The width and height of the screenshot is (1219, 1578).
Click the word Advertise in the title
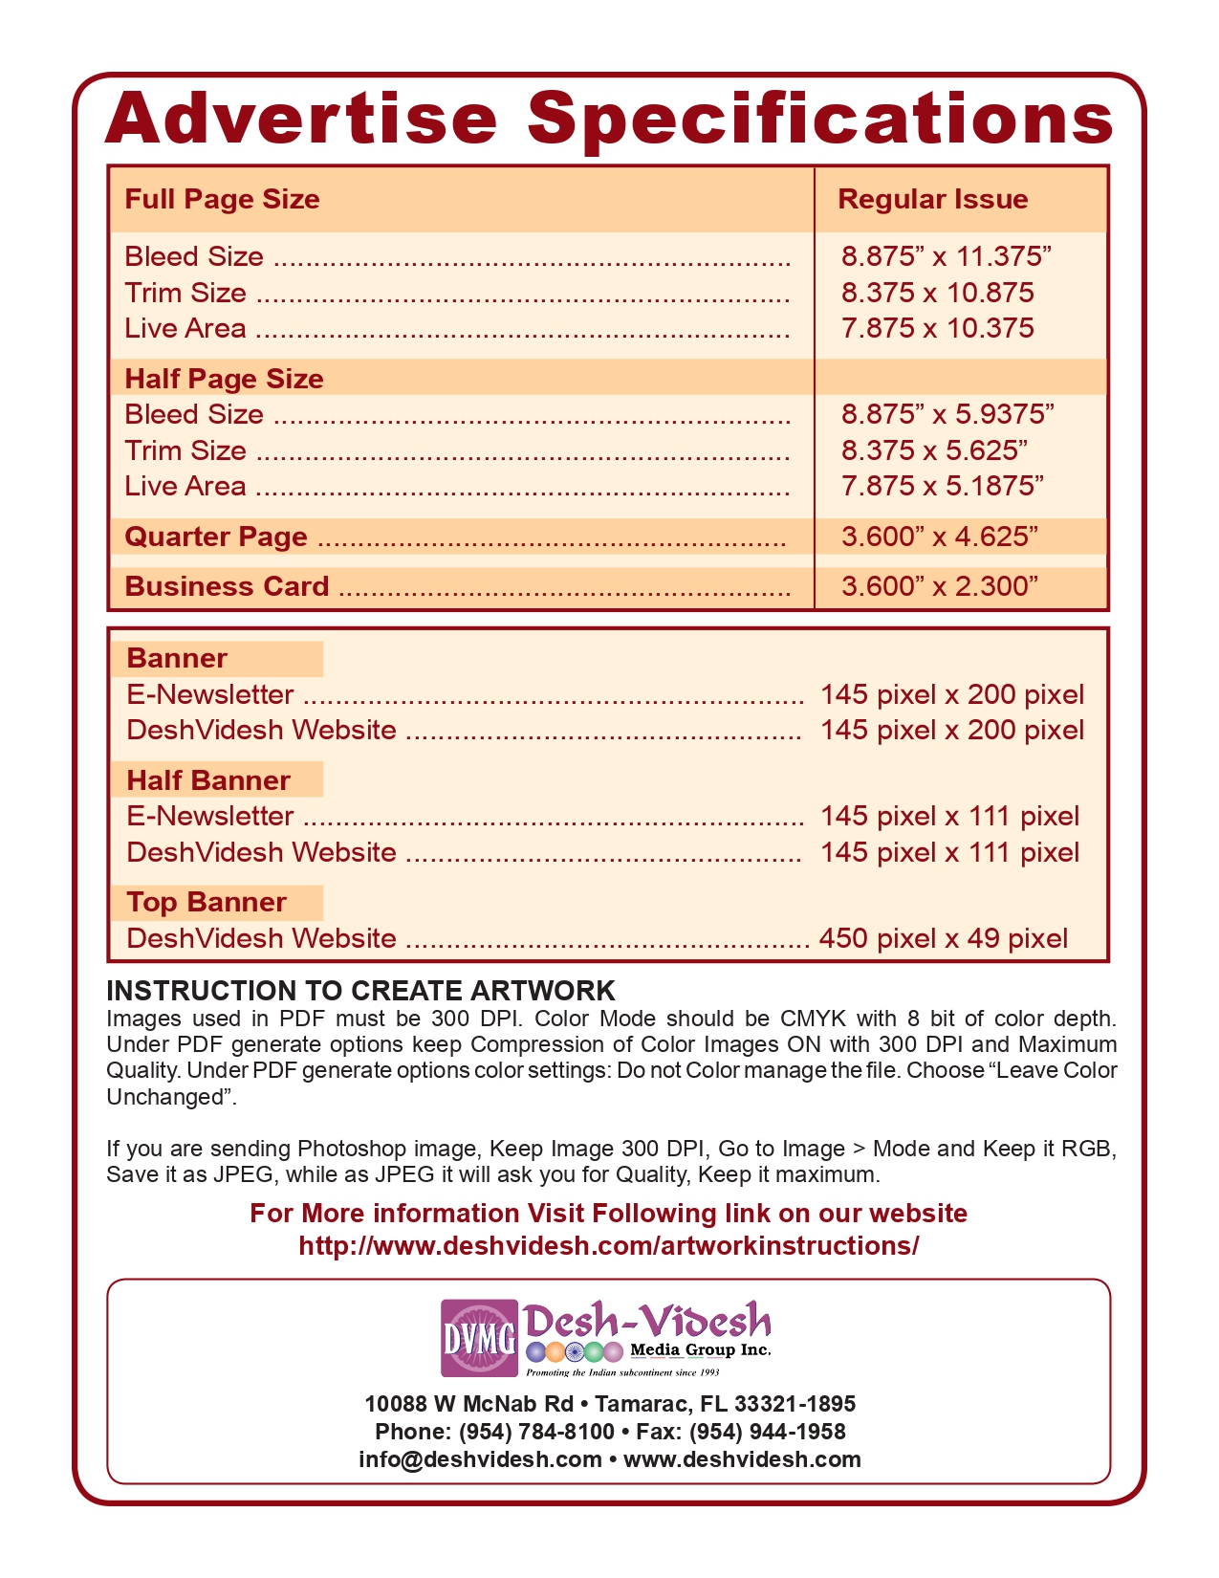(301, 119)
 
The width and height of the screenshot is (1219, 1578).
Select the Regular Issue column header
(932, 199)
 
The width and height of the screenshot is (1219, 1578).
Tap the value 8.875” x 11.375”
(946, 256)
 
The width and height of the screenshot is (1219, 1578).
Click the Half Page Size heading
(224, 379)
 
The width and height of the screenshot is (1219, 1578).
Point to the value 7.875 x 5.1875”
(942, 486)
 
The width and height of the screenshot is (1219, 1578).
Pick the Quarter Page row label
(216, 537)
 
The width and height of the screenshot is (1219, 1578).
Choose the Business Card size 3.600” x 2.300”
(939, 586)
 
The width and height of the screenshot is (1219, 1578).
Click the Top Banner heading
(207, 902)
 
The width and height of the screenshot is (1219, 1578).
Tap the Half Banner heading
(208, 780)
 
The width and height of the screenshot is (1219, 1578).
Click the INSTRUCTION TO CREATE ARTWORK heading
(360, 991)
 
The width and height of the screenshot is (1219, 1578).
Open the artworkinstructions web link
(608, 1245)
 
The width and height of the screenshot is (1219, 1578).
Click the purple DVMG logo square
(479, 1338)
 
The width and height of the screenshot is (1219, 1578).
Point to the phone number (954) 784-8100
(536, 1432)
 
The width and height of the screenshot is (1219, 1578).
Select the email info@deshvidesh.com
(480, 1459)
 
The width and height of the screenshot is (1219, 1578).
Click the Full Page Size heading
(222, 199)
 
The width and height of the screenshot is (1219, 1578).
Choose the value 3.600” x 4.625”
(939, 537)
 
